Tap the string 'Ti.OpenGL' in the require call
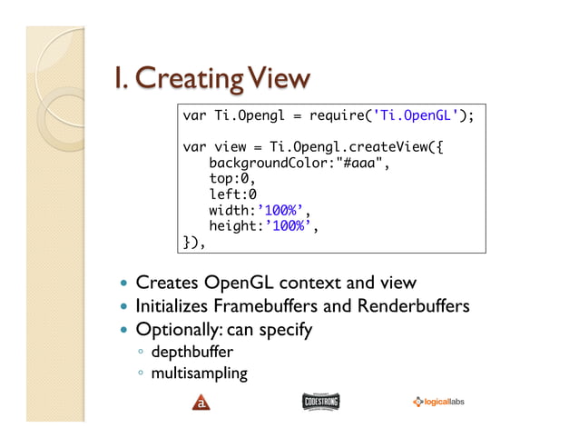tap(413, 116)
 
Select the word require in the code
tap(339, 116)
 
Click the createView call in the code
tap(374, 146)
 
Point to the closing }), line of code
tap(194, 242)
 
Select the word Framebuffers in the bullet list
tap(257, 306)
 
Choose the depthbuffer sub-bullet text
tap(191, 352)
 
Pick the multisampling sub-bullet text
tap(199, 373)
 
